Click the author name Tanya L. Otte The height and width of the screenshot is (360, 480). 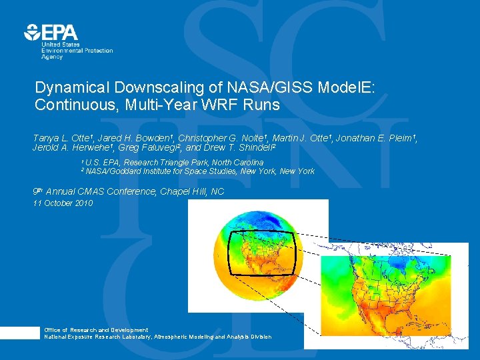pos(61,138)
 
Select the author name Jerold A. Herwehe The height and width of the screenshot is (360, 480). pos(71,147)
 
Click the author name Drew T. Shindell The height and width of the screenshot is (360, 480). pos(240,147)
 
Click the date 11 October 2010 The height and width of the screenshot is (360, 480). pos(63,203)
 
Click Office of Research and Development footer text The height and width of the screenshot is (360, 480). pos(96,330)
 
